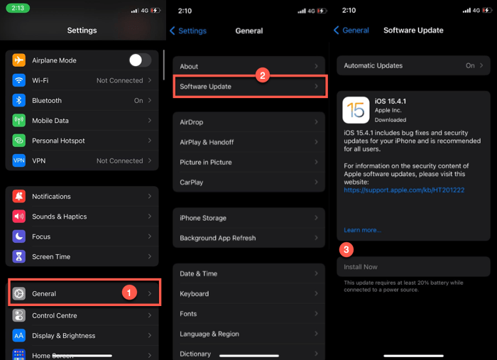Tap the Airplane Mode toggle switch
(x=139, y=60)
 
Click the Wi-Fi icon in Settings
(x=19, y=80)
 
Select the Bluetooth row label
(x=47, y=101)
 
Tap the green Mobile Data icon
(x=19, y=121)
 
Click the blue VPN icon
(x=19, y=161)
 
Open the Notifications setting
(x=51, y=196)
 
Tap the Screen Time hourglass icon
(x=19, y=256)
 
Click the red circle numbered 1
(x=129, y=293)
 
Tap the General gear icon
(x=19, y=293)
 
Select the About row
(x=248, y=66)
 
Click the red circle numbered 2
(x=262, y=75)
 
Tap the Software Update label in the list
(x=205, y=87)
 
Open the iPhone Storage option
(x=203, y=218)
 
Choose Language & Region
(x=209, y=334)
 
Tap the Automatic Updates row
(x=413, y=65)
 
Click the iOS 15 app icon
(x=356, y=110)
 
